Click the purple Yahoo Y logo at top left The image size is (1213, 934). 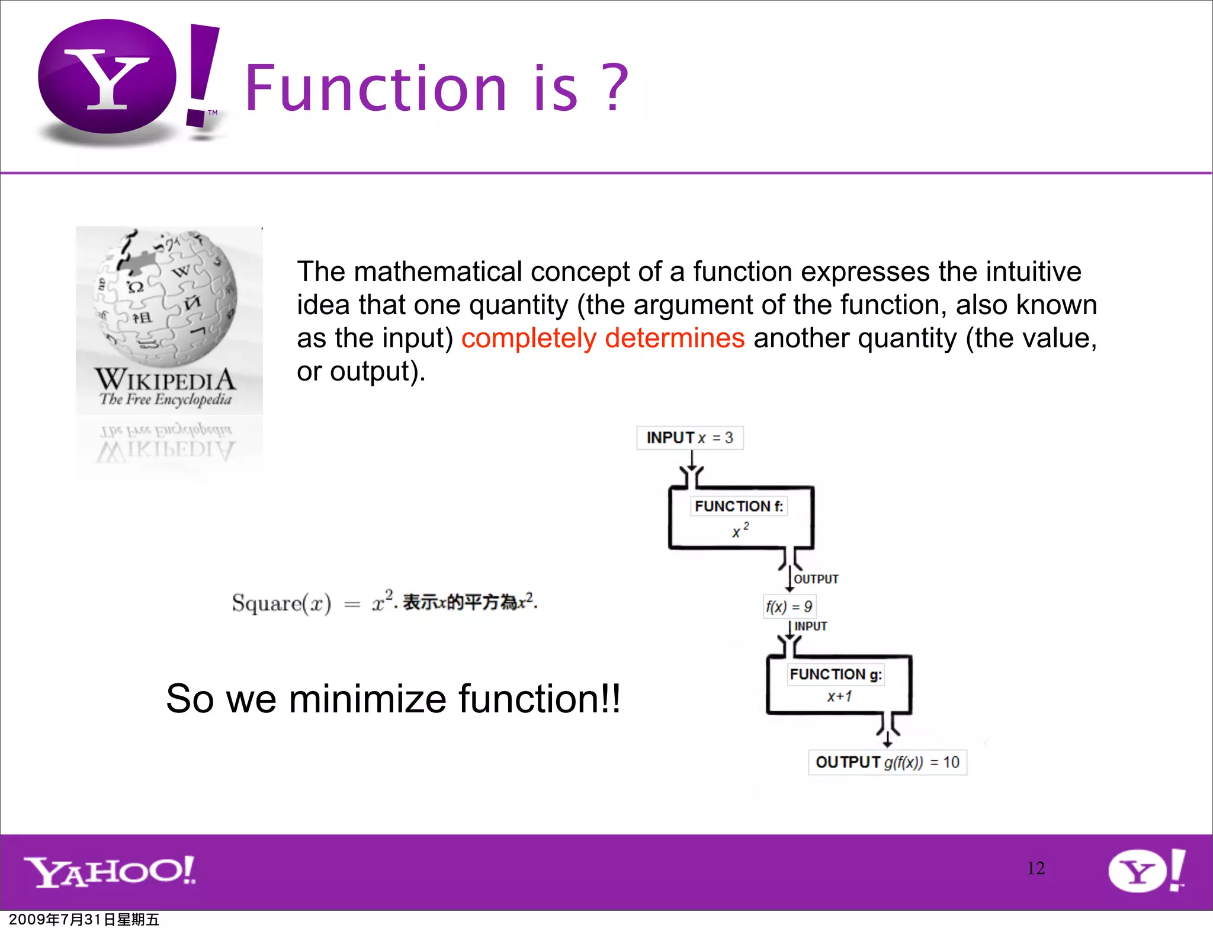(x=107, y=78)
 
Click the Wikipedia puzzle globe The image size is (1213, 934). (x=166, y=296)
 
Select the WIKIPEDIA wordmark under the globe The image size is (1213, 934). (x=165, y=379)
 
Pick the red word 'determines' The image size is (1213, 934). (x=675, y=338)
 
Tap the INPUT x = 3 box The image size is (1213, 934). (x=689, y=438)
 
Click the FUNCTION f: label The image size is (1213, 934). (x=739, y=506)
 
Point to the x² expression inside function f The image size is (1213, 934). (x=740, y=530)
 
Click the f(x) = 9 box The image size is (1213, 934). (x=788, y=606)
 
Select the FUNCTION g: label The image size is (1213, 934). (x=835, y=674)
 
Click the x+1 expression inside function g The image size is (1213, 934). (x=839, y=696)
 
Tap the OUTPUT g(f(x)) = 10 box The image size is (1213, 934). (x=887, y=762)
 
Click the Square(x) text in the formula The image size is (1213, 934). (x=281, y=603)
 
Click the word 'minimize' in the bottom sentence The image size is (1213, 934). (x=367, y=699)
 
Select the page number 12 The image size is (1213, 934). (x=1036, y=868)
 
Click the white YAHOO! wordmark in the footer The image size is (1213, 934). (x=110, y=871)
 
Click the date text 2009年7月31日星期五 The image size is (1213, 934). (x=84, y=920)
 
